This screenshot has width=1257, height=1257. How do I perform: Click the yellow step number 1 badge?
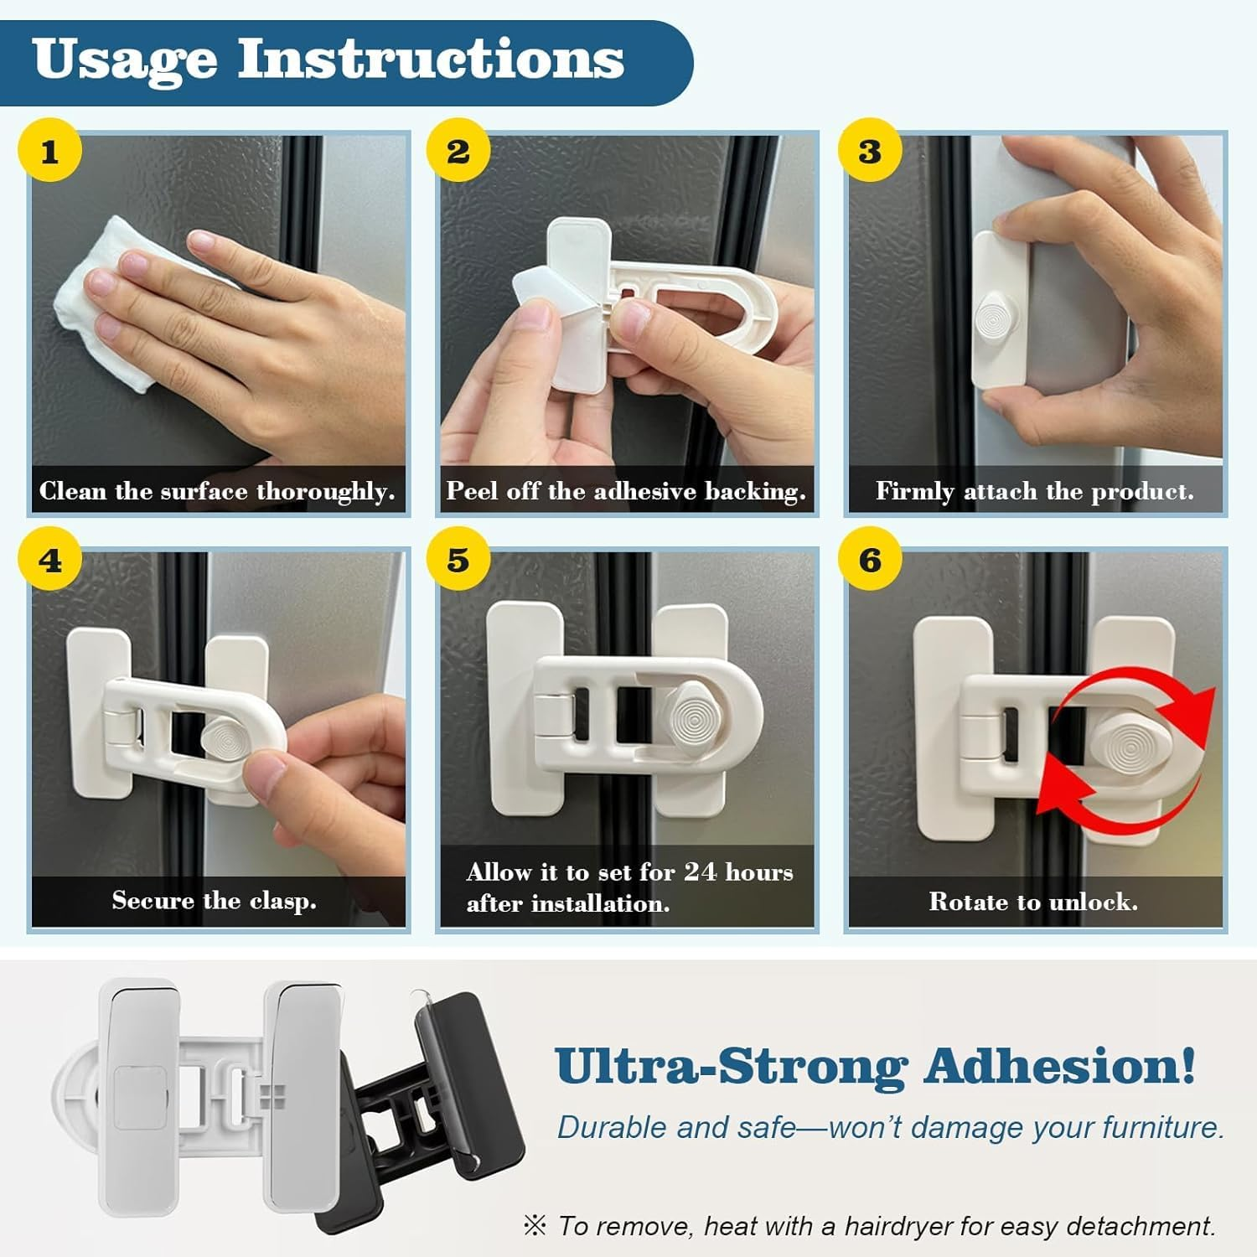tap(49, 152)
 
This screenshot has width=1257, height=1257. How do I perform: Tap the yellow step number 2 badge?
tap(458, 152)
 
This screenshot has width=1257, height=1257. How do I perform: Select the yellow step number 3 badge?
tap(870, 152)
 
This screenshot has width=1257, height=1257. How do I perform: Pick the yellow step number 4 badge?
tap(49, 560)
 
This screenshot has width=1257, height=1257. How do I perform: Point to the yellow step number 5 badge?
tap(458, 560)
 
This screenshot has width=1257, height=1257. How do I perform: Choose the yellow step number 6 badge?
tap(870, 560)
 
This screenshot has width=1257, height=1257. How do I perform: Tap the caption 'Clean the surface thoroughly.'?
tap(217, 491)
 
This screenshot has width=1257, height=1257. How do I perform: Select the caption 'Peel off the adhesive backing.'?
tap(625, 491)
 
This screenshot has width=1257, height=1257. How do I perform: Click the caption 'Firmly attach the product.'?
tap(1034, 491)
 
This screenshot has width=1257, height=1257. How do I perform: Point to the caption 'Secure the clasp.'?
tap(214, 900)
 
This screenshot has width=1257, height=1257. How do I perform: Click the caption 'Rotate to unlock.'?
tap(1032, 902)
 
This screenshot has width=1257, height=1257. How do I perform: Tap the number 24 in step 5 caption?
tap(701, 872)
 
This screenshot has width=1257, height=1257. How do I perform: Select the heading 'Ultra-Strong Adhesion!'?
tap(875, 1067)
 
